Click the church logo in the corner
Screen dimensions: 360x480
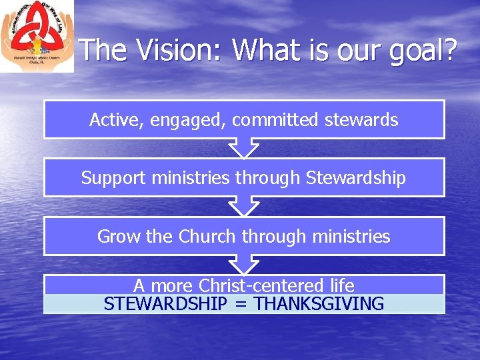(x=37, y=36)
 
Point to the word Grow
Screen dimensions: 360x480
(x=119, y=236)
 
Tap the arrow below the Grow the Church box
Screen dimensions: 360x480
(x=244, y=265)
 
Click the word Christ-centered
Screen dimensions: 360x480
(x=262, y=286)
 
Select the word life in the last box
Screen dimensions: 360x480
(x=342, y=286)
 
